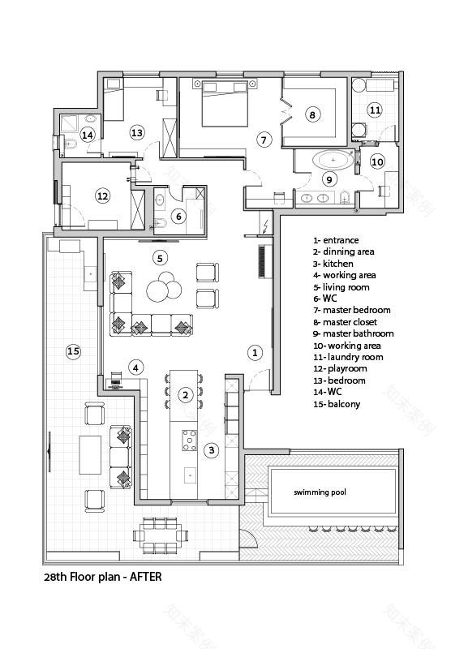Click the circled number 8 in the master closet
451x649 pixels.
(312, 114)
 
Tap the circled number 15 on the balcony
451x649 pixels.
(73, 351)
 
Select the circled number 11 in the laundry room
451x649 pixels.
(375, 110)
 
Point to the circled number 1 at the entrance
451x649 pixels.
(255, 353)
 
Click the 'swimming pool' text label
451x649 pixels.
(320, 492)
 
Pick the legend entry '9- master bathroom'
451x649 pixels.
(354, 333)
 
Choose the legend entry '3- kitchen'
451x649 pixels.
(333, 264)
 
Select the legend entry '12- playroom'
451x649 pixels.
(340, 369)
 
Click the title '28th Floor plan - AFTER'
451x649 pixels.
(103, 577)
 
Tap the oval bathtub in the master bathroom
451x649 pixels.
(333, 161)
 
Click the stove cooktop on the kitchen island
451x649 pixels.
(190, 441)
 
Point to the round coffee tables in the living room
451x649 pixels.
(164, 286)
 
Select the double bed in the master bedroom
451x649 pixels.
(224, 104)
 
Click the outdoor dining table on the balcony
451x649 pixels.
(161, 535)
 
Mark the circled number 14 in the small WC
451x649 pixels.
(88, 135)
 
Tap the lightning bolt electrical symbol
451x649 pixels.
(265, 226)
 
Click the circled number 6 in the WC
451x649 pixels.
(178, 217)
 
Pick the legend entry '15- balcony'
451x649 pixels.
(337, 404)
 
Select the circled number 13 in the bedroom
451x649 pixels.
(136, 133)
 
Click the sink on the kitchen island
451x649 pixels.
(190, 475)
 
